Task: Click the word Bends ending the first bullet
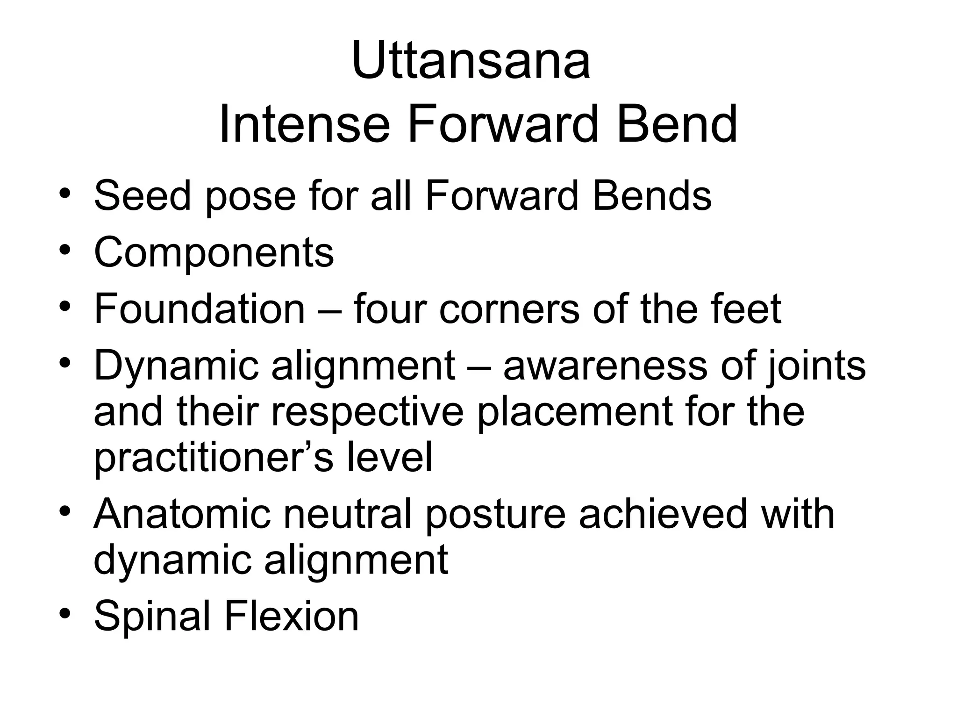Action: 652,195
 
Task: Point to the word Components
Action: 214,253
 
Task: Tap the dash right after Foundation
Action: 329,309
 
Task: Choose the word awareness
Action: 605,366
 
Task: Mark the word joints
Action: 816,366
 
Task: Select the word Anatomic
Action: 182,515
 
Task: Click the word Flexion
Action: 292,616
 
